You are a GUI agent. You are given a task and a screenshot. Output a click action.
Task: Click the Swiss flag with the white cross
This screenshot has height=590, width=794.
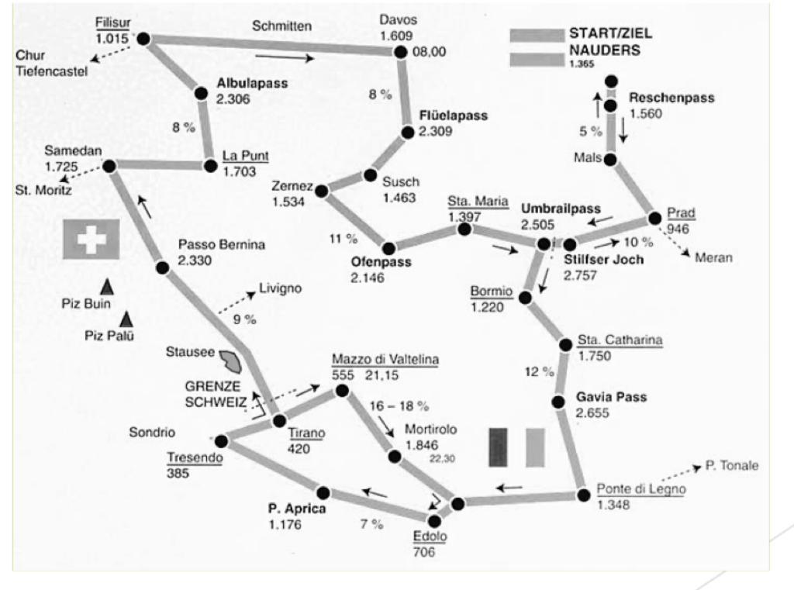click(x=91, y=239)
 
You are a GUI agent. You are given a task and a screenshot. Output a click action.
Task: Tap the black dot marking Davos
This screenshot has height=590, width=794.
click(x=401, y=52)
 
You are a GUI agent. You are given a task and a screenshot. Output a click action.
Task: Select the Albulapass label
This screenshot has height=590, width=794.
click(x=252, y=83)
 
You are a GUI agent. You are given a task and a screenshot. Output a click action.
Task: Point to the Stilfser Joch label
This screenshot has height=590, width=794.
click(x=603, y=259)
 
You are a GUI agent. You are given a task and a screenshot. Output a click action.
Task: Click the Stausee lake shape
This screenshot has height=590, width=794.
click(x=230, y=361)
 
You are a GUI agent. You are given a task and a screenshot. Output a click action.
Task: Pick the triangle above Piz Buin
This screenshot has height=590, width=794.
click(x=106, y=287)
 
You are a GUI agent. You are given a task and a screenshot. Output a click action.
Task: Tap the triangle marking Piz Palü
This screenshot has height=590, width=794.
click(x=126, y=319)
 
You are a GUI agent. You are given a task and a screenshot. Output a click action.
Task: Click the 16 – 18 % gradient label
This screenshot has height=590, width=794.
click(x=399, y=405)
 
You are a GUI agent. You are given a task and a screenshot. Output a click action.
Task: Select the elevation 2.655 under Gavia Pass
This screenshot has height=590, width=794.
click(x=592, y=412)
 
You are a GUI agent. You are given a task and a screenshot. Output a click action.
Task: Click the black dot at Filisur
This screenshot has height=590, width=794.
click(x=143, y=39)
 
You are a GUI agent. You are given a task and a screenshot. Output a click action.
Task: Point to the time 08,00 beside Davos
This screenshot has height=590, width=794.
click(x=429, y=52)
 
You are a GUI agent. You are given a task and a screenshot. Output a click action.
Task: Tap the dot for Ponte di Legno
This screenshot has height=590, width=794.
click(x=583, y=495)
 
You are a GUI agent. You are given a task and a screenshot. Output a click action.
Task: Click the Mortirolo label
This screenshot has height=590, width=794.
click(x=430, y=430)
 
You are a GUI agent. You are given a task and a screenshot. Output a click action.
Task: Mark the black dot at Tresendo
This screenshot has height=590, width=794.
click(x=221, y=441)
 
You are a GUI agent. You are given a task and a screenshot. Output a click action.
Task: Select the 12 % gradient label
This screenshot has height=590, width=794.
click(x=540, y=371)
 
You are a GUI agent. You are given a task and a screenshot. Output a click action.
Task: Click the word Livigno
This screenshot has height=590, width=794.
click(x=280, y=288)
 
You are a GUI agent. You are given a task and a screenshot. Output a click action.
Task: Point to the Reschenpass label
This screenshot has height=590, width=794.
click(x=671, y=97)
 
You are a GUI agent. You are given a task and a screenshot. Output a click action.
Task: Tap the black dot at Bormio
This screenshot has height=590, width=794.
click(x=525, y=298)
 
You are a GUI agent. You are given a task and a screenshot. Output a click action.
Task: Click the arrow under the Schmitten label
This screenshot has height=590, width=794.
click(x=285, y=57)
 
